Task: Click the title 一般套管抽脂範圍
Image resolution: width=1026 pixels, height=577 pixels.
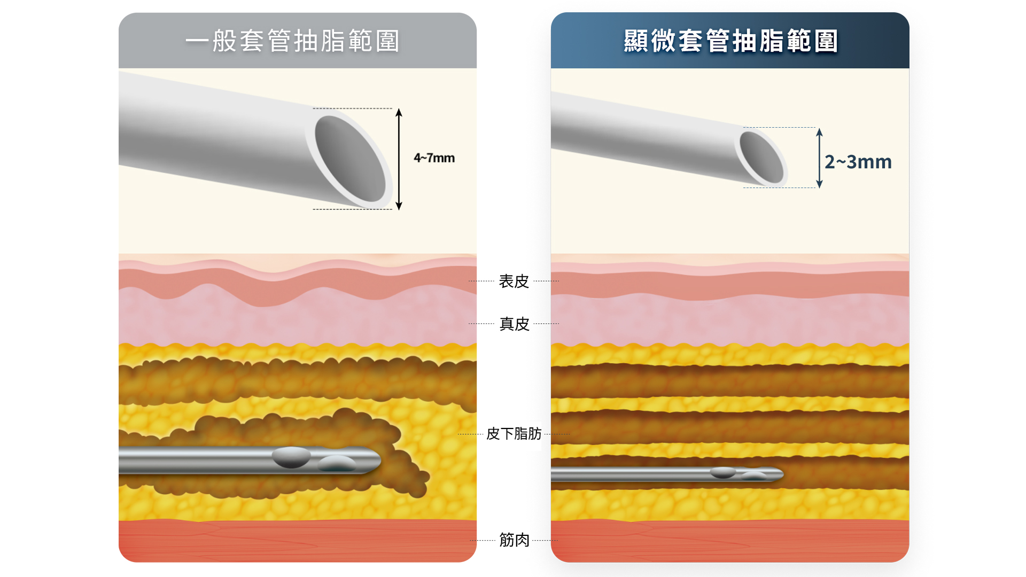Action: (x=292, y=41)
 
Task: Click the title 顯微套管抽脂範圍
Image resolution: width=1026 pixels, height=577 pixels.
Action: (x=730, y=41)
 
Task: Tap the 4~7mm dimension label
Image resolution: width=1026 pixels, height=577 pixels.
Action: (x=434, y=158)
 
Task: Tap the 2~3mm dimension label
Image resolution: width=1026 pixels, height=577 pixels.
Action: (x=858, y=161)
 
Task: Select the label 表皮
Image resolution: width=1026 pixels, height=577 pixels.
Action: (x=514, y=281)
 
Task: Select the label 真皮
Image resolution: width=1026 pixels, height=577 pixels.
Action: (x=514, y=324)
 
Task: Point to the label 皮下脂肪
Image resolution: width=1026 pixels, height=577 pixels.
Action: (x=514, y=433)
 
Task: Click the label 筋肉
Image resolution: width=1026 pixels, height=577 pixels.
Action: (x=514, y=540)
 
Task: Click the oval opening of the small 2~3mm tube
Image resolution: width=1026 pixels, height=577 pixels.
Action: (x=761, y=158)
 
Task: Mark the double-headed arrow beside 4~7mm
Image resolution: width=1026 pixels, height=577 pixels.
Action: (x=399, y=159)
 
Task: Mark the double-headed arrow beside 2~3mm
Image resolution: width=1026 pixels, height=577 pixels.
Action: (x=819, y=158)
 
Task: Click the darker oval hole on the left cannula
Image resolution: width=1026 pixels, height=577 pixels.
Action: (x=291, y=457)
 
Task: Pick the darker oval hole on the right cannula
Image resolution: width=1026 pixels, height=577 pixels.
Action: (x=722, y=472)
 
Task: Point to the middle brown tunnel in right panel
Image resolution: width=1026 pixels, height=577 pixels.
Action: (x=730, y=427)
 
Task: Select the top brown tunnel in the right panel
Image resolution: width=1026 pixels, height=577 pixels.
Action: (x=730, y=381)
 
